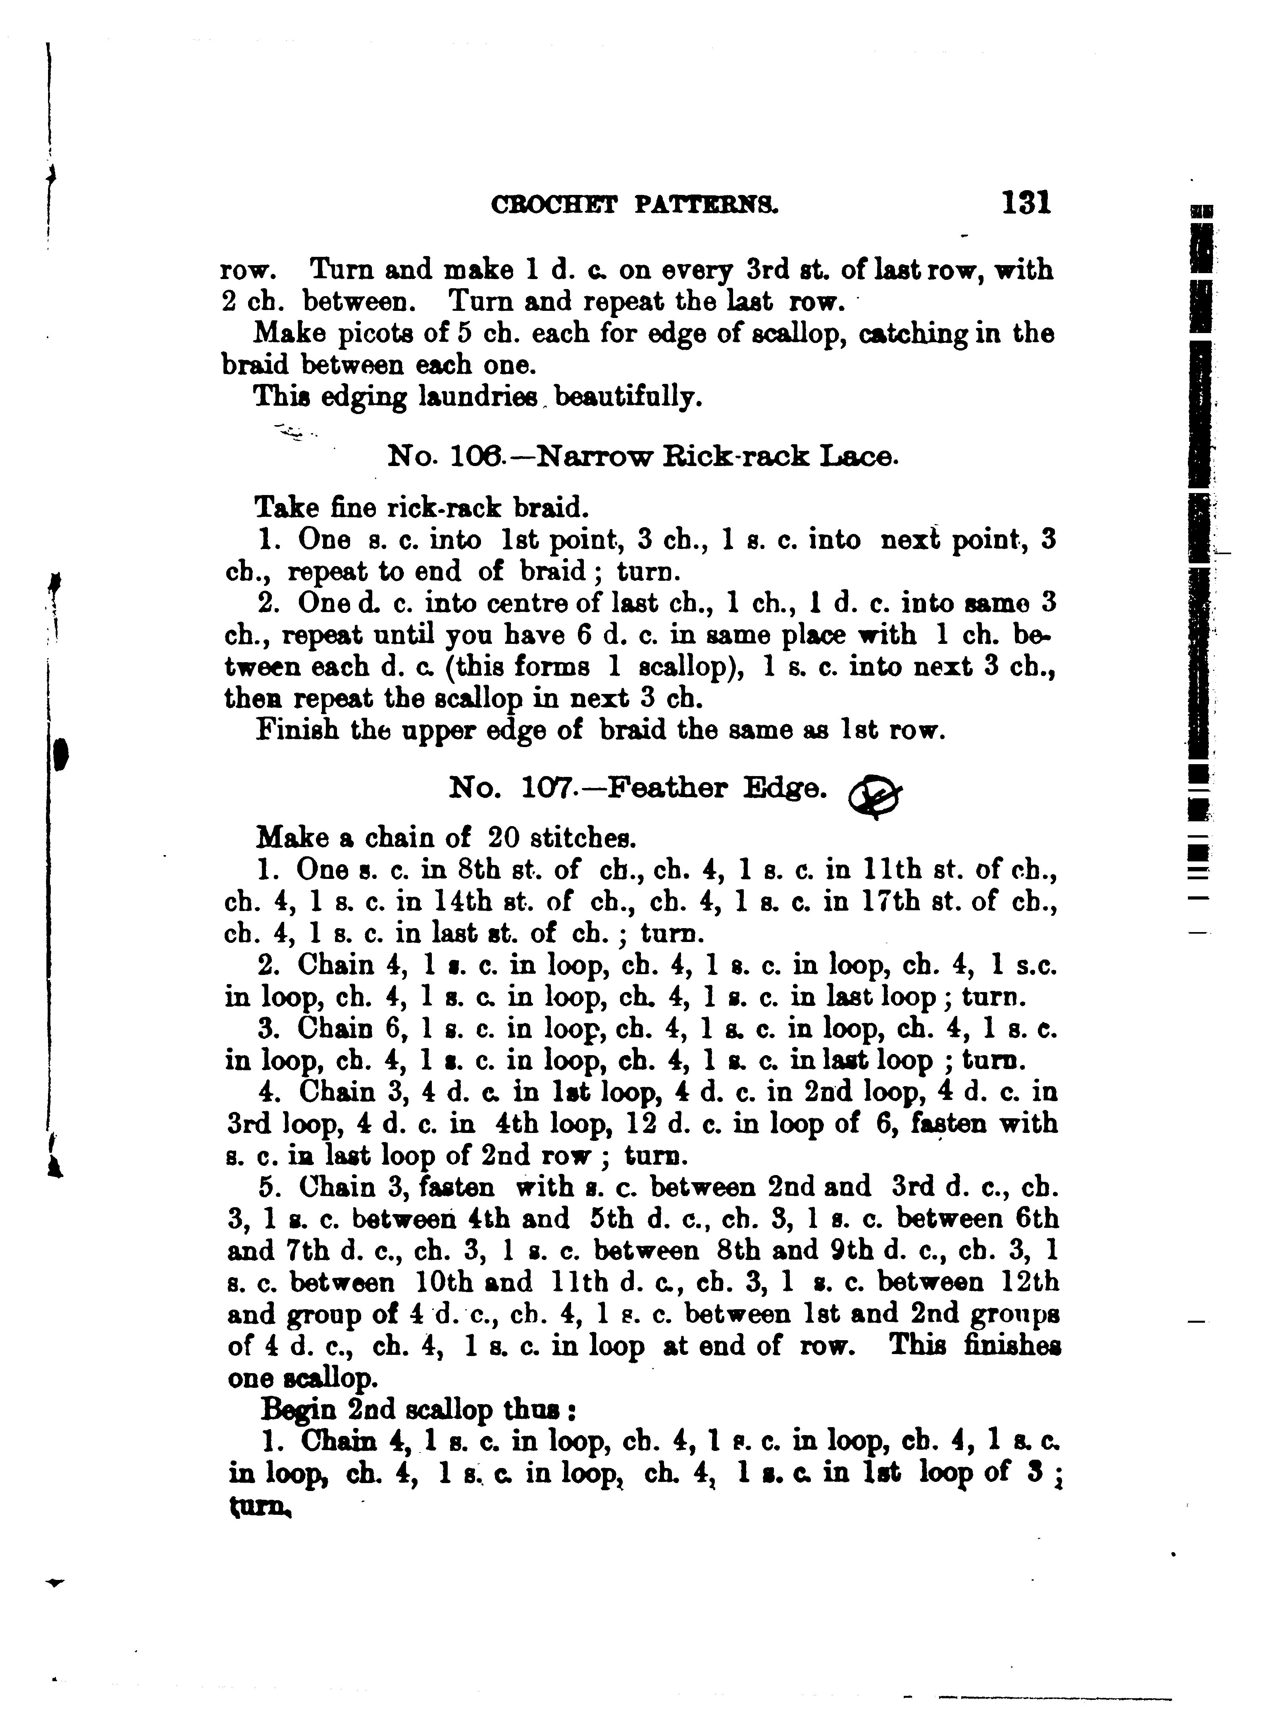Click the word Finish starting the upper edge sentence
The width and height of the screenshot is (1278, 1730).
pos(296,730)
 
